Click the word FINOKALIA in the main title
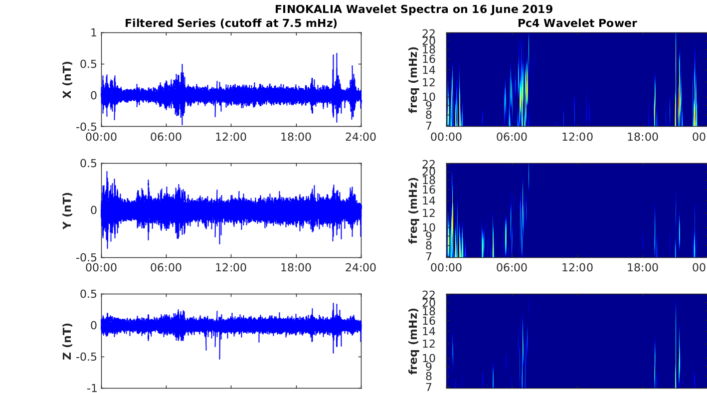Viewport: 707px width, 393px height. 308,9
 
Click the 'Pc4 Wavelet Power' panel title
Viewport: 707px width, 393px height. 577,23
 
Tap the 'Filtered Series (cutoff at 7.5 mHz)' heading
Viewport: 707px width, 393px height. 231,23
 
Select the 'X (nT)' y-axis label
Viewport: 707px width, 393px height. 67,79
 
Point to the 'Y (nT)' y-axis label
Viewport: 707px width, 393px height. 67,210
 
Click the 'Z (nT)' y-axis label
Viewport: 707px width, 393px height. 67,341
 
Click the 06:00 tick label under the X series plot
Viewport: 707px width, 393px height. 166,137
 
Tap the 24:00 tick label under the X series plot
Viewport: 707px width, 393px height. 361,137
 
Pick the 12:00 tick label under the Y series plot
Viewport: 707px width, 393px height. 231,268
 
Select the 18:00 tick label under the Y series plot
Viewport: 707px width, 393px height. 296,268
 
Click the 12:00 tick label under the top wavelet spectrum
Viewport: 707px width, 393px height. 577,137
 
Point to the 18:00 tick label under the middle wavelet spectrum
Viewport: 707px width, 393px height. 643,268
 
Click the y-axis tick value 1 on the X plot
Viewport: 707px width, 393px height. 94,32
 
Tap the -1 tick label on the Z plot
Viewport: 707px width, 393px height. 92,389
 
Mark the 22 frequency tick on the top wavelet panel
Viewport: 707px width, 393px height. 429,33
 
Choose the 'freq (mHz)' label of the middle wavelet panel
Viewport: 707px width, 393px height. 413,210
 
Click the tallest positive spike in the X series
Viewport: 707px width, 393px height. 337,54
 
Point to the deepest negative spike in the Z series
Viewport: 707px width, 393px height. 220,359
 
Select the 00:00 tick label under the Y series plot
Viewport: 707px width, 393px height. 101,268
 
